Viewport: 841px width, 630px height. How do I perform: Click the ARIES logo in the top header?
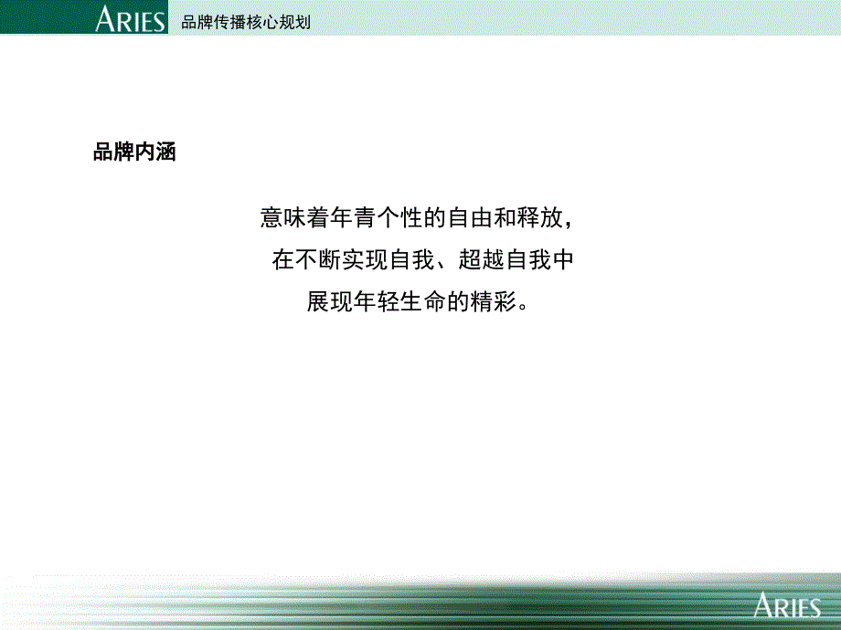click(131, 19)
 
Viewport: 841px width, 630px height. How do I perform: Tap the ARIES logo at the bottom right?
click(787, 605)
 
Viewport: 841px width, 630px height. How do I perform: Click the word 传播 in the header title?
click(230, 22)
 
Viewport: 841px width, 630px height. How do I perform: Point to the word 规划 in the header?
click(295, 22)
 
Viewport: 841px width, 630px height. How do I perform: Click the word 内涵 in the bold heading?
click(155, 152)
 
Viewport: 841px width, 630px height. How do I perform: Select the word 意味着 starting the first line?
click(295, 217)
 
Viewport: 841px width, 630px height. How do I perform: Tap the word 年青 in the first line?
click(354, 217)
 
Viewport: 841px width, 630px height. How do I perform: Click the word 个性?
click(400, 217)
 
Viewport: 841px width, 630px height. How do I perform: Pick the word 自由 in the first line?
click(470, 217)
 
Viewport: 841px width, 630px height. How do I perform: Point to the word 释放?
click(539, 217)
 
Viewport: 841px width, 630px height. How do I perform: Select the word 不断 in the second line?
click(318, 260)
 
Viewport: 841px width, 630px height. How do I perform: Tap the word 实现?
click(365, 260)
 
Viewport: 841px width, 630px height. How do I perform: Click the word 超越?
click(482, 260)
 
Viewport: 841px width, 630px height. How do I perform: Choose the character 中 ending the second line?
click(563, 260)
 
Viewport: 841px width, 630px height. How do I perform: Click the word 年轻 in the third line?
click(377, 301)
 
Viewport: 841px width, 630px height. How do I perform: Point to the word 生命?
click(424, 301)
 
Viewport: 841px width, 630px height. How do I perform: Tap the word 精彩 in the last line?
click(494, 301)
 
